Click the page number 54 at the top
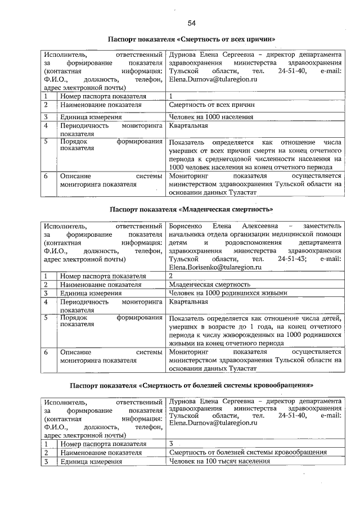[x=191, y=23]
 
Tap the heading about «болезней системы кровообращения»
[x=191, y=385]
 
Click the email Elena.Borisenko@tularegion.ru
[x=215, y=267]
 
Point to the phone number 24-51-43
[x=291, y=259]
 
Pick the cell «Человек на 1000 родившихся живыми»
[x=228, y=293]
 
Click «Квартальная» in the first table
[x=189, y=126]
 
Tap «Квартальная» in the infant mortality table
[x=189, y=302]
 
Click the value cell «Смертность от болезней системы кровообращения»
[x=248, y=452]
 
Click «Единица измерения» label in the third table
[x=91, y=462]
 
